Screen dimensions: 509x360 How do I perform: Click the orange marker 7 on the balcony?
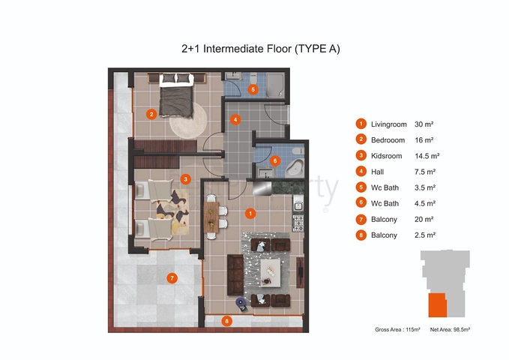172,278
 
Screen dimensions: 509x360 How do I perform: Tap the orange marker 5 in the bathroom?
253,89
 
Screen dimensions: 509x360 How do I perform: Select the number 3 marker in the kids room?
185,178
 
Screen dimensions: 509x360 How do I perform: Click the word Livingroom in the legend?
388,124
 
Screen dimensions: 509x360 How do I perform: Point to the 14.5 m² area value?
427,156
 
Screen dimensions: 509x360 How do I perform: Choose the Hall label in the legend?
377,172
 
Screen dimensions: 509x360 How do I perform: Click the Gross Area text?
397,329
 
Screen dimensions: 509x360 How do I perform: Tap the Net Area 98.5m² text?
450,329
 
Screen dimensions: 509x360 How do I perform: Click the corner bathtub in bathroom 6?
294,168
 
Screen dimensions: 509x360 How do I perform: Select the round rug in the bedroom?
189,121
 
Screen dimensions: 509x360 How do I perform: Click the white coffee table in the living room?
271,272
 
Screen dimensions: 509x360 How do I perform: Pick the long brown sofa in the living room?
235,274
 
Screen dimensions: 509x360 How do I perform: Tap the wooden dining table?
211,217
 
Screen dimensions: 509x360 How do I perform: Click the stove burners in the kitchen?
298,223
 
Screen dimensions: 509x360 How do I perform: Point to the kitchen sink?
298,205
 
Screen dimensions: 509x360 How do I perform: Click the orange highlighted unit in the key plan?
437,305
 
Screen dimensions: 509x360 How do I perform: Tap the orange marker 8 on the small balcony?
226,321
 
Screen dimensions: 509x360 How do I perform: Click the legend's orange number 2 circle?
361,139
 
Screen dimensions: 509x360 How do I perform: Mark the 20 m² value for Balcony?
424,219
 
